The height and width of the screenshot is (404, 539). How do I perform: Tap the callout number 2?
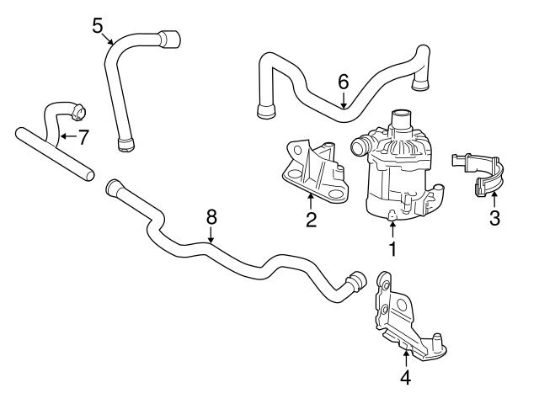(311, 221)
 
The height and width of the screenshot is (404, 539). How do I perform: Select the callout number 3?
(494, 218)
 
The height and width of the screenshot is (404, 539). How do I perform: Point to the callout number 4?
(405, 378)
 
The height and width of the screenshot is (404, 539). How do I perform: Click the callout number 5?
(99, 25)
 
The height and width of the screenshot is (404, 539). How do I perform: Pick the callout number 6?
(343, 82)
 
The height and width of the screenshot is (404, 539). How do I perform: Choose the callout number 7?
(83, 136)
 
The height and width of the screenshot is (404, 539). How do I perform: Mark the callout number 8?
(212, 216)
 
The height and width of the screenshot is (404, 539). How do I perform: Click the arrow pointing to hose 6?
(344, 99)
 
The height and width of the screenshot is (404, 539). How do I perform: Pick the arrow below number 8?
(212, 237)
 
